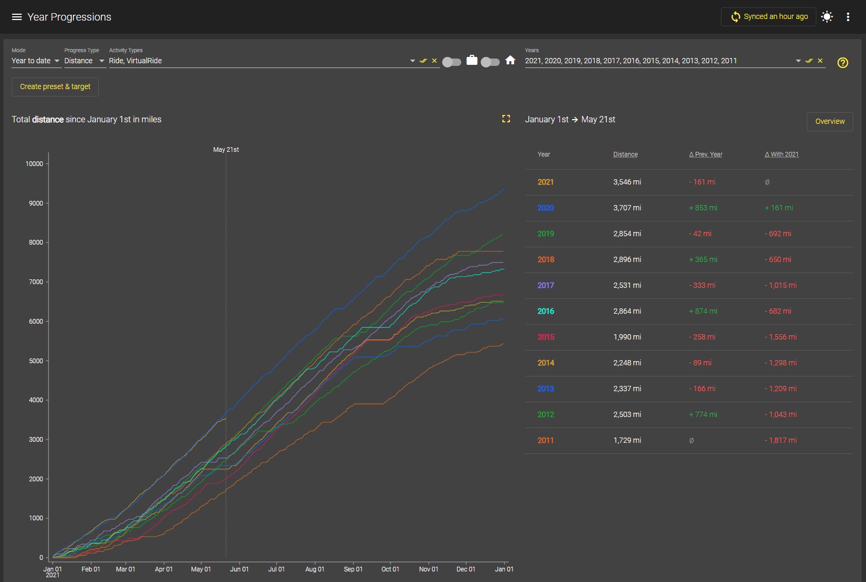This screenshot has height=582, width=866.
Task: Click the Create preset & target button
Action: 55,86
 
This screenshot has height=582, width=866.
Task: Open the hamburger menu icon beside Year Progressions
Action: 17,17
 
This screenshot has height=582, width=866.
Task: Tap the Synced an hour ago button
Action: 768,17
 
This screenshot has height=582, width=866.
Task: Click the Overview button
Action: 830,121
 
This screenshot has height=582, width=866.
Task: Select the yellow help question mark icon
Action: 842,63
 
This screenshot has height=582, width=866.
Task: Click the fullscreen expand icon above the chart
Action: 506,119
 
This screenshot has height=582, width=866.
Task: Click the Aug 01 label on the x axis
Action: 315,569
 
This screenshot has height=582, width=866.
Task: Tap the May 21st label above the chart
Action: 226,150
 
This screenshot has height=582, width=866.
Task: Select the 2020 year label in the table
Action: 546,208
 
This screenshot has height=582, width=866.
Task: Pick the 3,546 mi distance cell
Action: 627,182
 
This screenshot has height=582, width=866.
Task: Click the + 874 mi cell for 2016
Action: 703,311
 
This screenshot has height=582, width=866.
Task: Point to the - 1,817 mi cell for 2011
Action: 781,440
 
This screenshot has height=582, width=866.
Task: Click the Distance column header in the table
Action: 625,154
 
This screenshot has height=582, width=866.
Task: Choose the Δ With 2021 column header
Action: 782,154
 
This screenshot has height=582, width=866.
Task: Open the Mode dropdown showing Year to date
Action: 35,61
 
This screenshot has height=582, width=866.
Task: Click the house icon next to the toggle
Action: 510,60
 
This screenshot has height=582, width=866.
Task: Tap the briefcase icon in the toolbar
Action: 472,60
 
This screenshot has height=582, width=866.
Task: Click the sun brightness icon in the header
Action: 826,17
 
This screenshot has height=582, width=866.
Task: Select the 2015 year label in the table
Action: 546,337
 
